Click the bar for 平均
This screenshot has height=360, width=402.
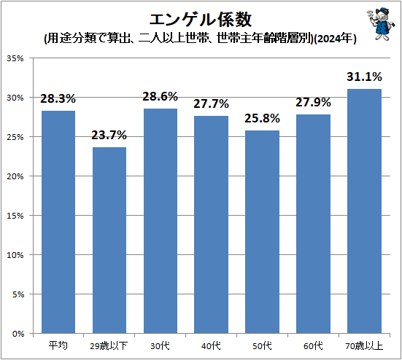click(x=58, y=222)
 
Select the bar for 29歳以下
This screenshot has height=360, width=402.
click(x=109, y=240)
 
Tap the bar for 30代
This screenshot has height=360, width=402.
click(x=161, y=221)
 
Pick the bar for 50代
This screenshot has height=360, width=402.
click(x=262, y=232)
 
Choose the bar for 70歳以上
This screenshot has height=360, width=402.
click(x=364, y=211)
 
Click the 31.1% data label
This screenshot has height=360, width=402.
click(x=364, y=76)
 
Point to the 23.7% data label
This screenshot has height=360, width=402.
click(x=109, y=135)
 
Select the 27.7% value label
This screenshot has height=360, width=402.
click(x=211, y=103)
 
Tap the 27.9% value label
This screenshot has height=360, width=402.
click(x=313, y=102)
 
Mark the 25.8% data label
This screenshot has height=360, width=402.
click(x=262, y=118)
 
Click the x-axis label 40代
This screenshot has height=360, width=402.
click(x=211, y=345)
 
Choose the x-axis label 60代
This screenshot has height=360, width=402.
click(x=313, y=345)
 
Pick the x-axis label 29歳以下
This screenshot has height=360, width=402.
click(x=109, y=345)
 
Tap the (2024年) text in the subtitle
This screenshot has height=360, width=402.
click(x=335, y=39)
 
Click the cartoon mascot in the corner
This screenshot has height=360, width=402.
click(x=379, y=23)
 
